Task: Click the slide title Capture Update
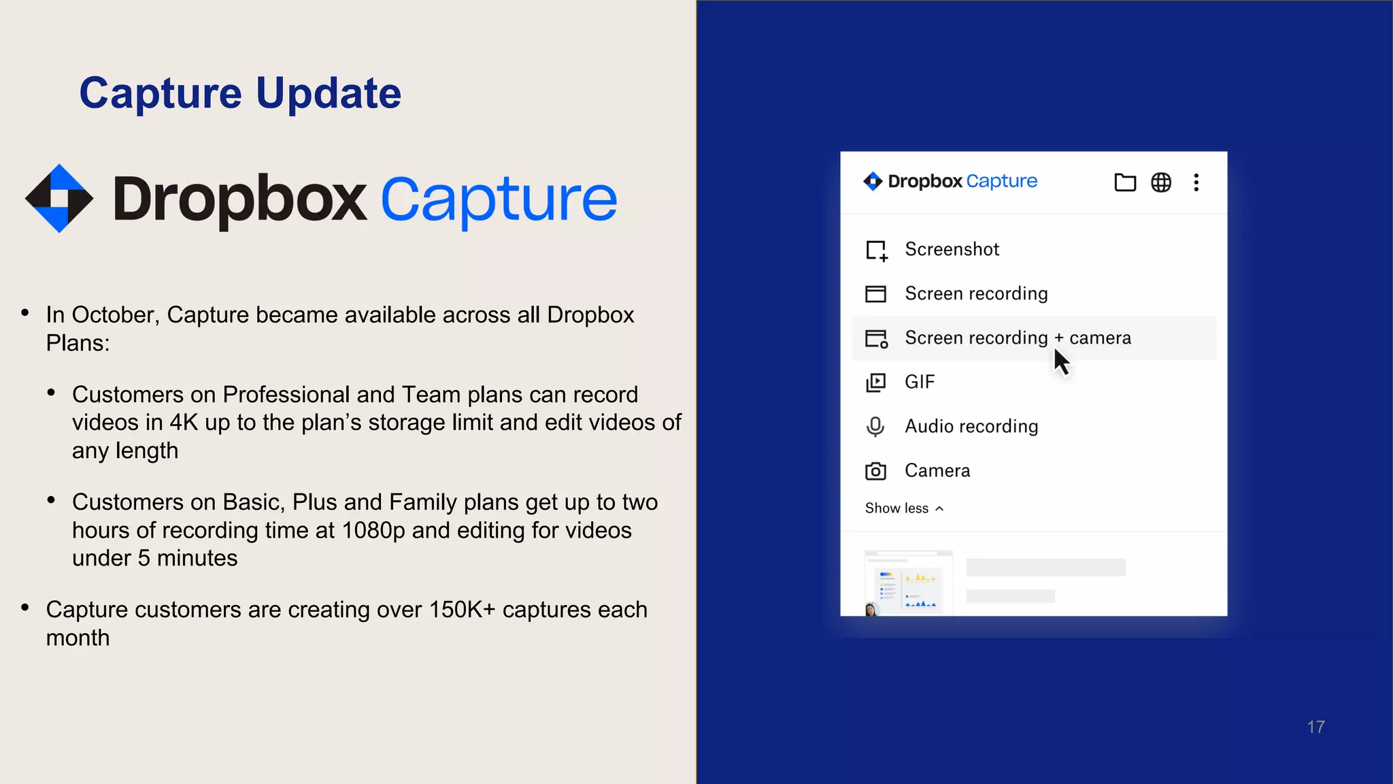click(240, 93)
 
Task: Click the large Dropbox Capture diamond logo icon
click(59, 199)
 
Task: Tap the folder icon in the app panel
click(1125, 182)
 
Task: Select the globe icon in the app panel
click(1161, 182)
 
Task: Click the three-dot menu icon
click(1196, 182)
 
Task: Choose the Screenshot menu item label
click(952, 250)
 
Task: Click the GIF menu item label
click(920, 382)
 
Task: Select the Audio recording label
click(971, 427)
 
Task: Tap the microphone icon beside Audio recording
click(875, 427)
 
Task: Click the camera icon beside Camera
click(875, 471)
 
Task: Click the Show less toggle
click(904, 508)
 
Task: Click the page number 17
click(1315, 727)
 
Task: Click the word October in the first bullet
click(115, 315)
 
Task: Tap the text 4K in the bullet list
click(184, 423)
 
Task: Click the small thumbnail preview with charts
click(908, 583)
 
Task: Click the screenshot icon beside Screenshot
click(876, 250)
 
